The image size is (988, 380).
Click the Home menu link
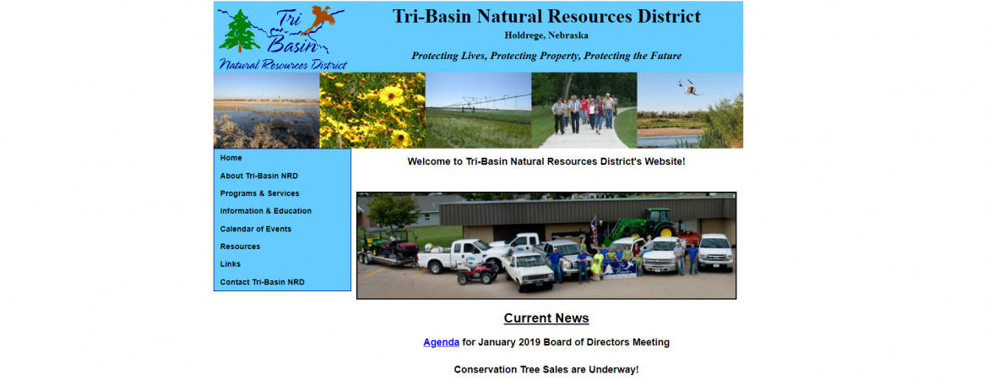(231, 158)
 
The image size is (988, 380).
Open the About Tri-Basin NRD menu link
(259, 176)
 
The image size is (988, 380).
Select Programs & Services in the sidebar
(259, 193)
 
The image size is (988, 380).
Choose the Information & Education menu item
(266, 211)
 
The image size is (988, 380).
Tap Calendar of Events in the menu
(256, 229)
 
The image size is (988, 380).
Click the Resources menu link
(240, 247)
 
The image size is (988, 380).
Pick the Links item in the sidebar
(231, 264)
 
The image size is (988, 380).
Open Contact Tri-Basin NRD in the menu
(262, 282)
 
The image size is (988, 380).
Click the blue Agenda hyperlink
(441, 342)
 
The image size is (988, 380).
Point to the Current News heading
(546, 318)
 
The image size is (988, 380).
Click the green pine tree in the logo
(240, 31)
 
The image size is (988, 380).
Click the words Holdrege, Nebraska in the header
(546, 35)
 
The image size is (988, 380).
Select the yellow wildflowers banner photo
(372, 111)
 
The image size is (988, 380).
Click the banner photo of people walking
(584, 111)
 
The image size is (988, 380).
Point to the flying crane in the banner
(688, 87)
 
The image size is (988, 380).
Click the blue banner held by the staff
(619, 269)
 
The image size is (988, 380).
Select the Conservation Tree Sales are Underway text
(546, 370)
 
